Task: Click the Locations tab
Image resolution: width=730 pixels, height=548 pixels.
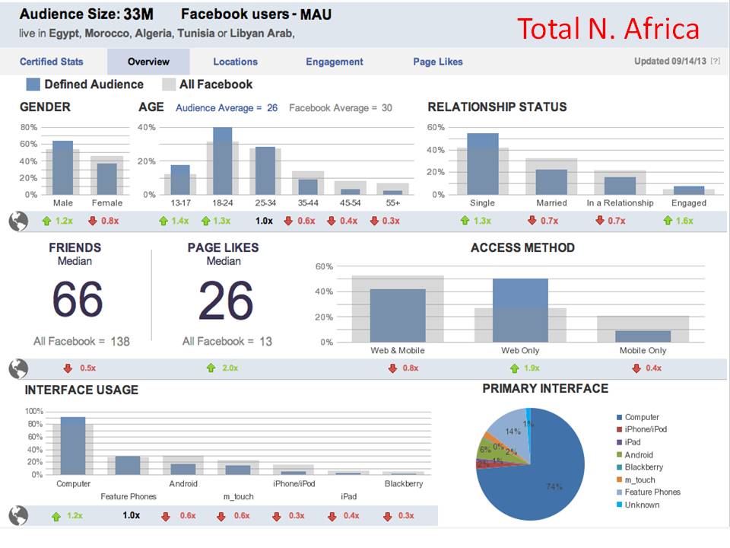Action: [235, 62]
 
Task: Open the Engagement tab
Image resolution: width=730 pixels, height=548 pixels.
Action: [335, 62]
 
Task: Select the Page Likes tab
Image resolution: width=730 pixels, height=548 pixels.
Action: [438, 62]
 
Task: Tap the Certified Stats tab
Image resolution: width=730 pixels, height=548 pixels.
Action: [52, 62]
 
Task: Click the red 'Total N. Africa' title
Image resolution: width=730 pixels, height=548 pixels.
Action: [608, 29]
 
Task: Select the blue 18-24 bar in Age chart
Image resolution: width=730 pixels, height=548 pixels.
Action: [222, 161]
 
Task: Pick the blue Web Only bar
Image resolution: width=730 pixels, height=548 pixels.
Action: [520, 310]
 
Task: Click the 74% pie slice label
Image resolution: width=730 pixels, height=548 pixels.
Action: [554, 486]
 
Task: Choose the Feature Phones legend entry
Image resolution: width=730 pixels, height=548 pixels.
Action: [652, 492]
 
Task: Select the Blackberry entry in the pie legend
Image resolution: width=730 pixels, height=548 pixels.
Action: [643, 467]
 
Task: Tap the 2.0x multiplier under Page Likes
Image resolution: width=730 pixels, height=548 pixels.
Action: [227, 368]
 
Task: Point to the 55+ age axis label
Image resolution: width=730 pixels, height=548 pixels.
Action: [392, 203]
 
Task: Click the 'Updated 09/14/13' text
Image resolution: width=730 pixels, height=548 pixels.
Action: [670, 62]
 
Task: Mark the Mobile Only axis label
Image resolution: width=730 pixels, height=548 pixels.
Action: [643, 350]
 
